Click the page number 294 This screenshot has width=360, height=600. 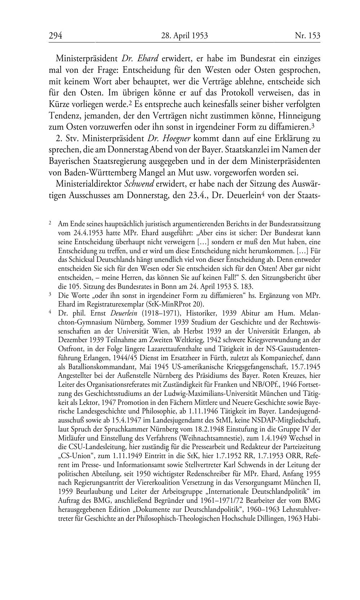[x=55, y=36]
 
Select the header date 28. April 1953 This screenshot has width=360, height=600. [x=185, y=36]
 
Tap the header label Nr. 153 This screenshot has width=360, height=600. [x=307, y=36]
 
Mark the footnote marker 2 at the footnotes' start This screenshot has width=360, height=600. [x=50, y=223]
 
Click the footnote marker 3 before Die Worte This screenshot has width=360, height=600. [x=50, y=295]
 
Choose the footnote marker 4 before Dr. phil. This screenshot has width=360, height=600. [x=50, y=312]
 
